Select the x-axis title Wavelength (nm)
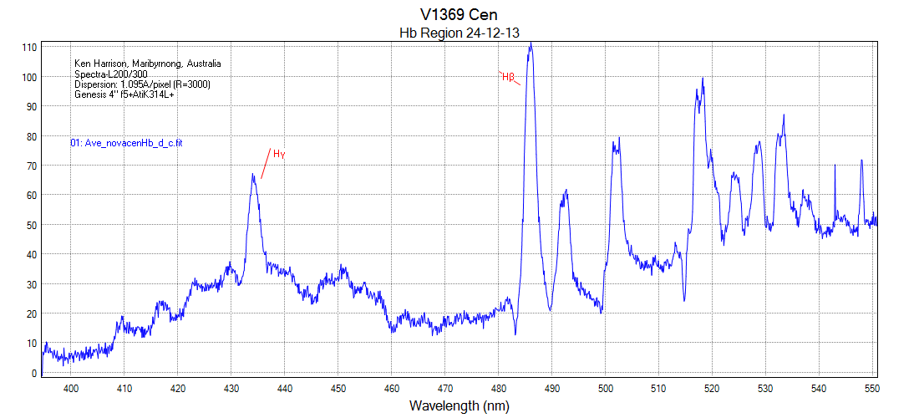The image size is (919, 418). pos(459,406)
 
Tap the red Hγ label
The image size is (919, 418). pos(279,155)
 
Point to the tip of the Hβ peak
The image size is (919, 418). pos(530,43)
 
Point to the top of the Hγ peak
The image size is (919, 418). pos(253,175)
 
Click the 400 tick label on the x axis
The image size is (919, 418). pos(71,388)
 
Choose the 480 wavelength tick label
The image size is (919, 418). pos(498,388)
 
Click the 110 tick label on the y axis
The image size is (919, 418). pos(29,48)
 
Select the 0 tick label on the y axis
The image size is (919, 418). pos(33,373)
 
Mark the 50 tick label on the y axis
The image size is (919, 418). pos(31,225)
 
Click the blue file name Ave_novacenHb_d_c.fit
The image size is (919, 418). pos(126,144)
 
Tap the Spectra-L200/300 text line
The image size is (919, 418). pos(111,74)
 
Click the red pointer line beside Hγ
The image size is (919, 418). pos(266,164)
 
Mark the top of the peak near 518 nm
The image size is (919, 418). pos(703,79)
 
